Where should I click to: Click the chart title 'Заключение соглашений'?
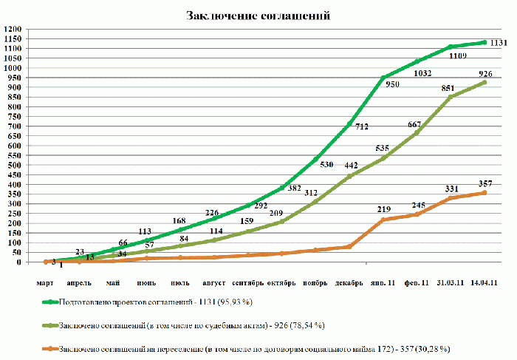258,16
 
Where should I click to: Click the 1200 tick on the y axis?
13,30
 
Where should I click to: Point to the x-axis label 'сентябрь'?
249,282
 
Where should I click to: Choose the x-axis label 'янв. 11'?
383,282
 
